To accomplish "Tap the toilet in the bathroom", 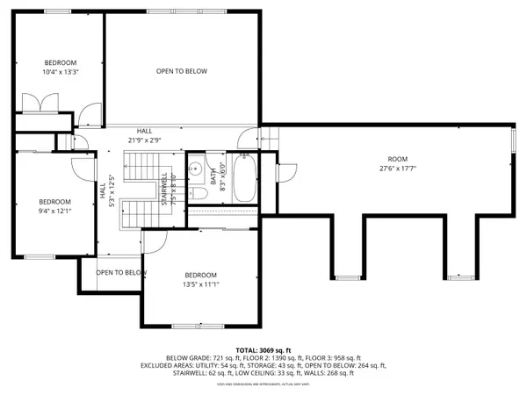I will (x=200, y=193).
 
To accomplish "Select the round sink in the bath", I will (x=199, y=169).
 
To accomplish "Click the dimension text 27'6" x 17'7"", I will (x=397, y=169).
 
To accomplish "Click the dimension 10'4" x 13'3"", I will (x=61, y=72).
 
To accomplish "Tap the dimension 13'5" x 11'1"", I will (x=201, y=284).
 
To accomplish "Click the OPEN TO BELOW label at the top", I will (x=182, y=71).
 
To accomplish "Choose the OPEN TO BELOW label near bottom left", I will (x=121, y=272).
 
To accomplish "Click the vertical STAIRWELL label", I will (x=166, y=188).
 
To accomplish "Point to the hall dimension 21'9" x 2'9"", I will (x=144, y=140).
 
